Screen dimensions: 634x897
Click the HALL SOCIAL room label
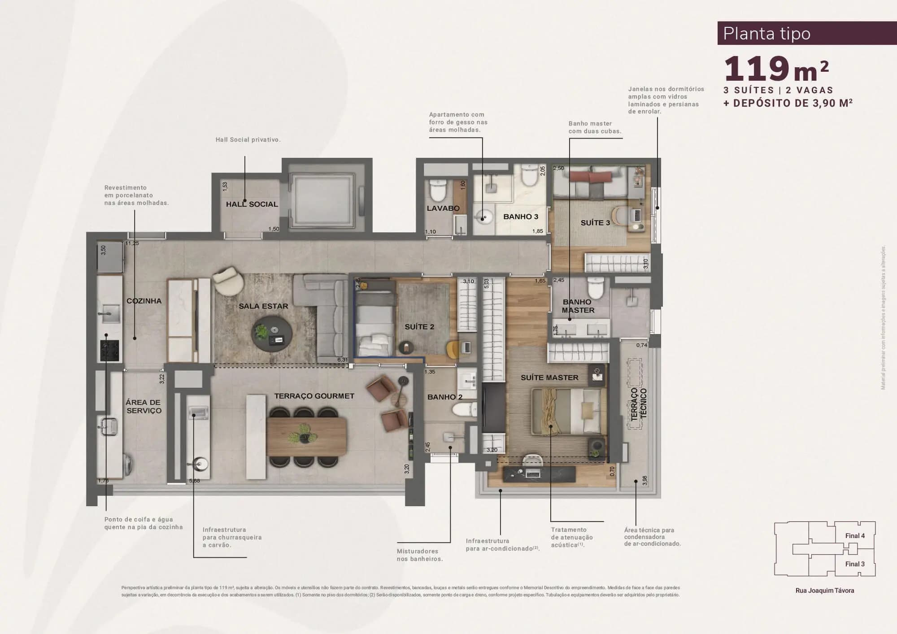(252, 204)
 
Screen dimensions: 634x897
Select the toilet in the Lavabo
(437, 191)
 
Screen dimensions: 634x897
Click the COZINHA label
(144, 301)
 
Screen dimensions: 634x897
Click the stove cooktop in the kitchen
(110, 350)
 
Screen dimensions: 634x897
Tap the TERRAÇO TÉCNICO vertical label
(639, 404)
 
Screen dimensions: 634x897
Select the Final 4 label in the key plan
(855, 535)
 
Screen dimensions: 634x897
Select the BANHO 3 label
(520, 217)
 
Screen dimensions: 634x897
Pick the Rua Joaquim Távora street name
(824, 591)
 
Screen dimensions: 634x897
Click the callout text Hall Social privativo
(248, 140)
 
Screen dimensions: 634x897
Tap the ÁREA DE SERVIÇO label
(144, 406)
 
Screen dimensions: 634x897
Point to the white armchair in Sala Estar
(228, 280)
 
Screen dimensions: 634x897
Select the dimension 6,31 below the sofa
(342, 360)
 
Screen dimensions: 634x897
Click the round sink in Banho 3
(483, 218)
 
